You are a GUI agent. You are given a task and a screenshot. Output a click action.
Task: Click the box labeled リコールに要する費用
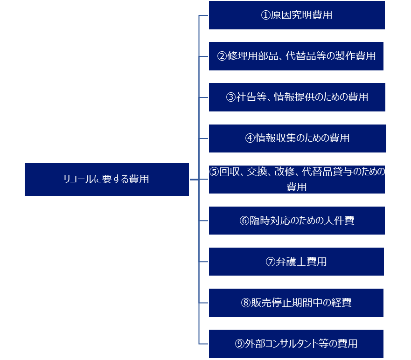click(x=107, y=180)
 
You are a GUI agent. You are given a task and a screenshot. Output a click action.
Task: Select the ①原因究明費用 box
click(x=297, y=15)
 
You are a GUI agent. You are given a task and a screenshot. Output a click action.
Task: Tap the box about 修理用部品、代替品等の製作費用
click(x=296, y=56)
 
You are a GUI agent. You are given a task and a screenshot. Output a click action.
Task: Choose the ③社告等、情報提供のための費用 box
click(x=297, y=97)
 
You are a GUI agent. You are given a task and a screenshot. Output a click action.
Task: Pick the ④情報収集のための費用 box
click(x=298, y=138)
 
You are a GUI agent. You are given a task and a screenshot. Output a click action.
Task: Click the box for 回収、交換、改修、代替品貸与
click(x=297, y=180)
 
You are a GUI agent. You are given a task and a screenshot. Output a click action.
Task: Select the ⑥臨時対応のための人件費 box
click(x=297, y=221)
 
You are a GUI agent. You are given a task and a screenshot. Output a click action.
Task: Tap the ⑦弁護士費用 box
click(x=296, y=262)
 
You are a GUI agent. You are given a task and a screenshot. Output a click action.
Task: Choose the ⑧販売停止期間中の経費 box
click(x=296, y=303)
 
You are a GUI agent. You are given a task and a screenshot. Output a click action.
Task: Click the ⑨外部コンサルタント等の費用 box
click(x=296, y=344)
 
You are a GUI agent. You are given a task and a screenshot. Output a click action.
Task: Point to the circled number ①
click(x=265, y=15)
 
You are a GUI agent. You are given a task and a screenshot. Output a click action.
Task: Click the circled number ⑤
click(x=214, y=172)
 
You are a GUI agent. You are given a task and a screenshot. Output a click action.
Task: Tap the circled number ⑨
click(x=240, y=344)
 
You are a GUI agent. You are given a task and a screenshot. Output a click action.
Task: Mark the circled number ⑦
click(x=270, y=262)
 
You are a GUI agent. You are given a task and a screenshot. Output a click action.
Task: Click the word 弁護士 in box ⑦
click(x=291, y=262)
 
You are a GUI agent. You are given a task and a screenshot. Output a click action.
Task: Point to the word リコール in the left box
click(x=78, y=179)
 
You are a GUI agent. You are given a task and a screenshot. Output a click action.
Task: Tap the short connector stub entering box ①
click(x=204, y=15)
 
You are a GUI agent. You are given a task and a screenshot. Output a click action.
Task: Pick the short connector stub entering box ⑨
click(x=204, y=344)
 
